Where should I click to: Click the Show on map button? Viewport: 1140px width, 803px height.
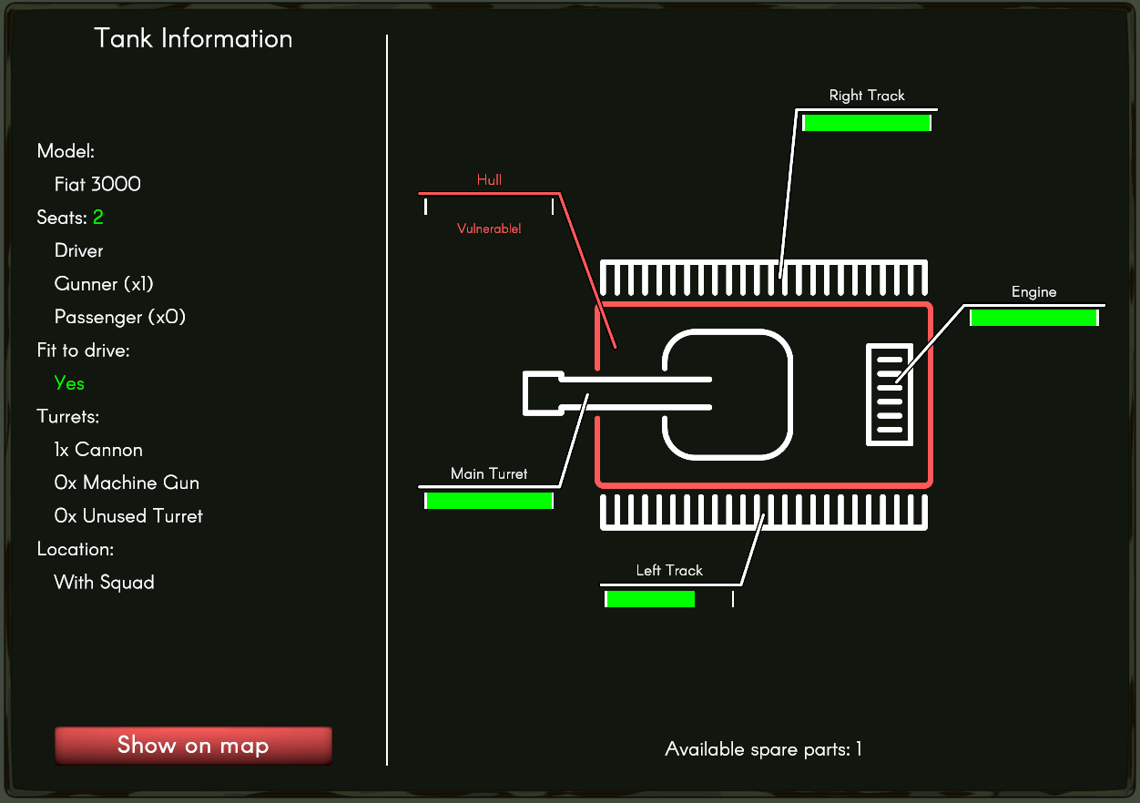(193, 746)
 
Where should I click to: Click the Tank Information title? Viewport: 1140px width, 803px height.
(193, 38)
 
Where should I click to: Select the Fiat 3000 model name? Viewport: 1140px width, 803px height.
(97, 184)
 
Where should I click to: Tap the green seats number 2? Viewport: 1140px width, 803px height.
(98, 218)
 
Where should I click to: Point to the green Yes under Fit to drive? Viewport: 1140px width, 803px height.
(69, 383)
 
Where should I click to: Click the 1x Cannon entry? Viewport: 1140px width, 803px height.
(98, 450)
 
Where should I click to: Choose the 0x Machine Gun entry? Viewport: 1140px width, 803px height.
(127, 483)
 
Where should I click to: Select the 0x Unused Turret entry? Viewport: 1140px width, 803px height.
(128, 516)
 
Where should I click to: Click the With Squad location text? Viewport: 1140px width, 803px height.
(104, 582)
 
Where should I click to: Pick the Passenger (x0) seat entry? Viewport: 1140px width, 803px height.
(120, 317)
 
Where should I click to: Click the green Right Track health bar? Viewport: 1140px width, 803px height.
(867, 123)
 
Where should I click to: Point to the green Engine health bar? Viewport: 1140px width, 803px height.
(1033, 318)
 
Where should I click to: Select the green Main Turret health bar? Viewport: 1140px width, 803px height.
(489, 500)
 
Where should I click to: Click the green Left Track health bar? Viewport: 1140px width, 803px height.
(650, 599)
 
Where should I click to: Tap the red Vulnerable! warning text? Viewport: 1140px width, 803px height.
(489, 229)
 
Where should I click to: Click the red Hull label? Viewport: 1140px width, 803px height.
(489, 180)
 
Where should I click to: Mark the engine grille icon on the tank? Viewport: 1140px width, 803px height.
(889, 395)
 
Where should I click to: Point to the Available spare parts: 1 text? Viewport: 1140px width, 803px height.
(763, 749)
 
